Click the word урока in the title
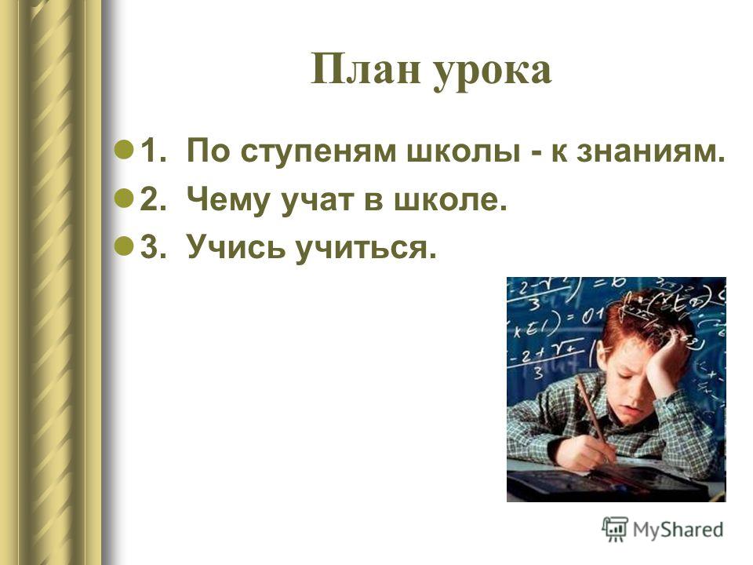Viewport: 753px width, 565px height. (493, 73)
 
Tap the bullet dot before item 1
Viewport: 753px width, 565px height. (125, 149)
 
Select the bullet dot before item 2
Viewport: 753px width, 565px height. (125, 198)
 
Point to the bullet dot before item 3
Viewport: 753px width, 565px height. (125, 246)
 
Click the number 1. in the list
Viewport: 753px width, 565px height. (153, 151)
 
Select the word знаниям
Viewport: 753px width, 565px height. (650, 151)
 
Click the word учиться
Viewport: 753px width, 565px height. (366, 250)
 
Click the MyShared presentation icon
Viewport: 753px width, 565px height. (615, 529)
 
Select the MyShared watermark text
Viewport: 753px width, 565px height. (678, 530)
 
